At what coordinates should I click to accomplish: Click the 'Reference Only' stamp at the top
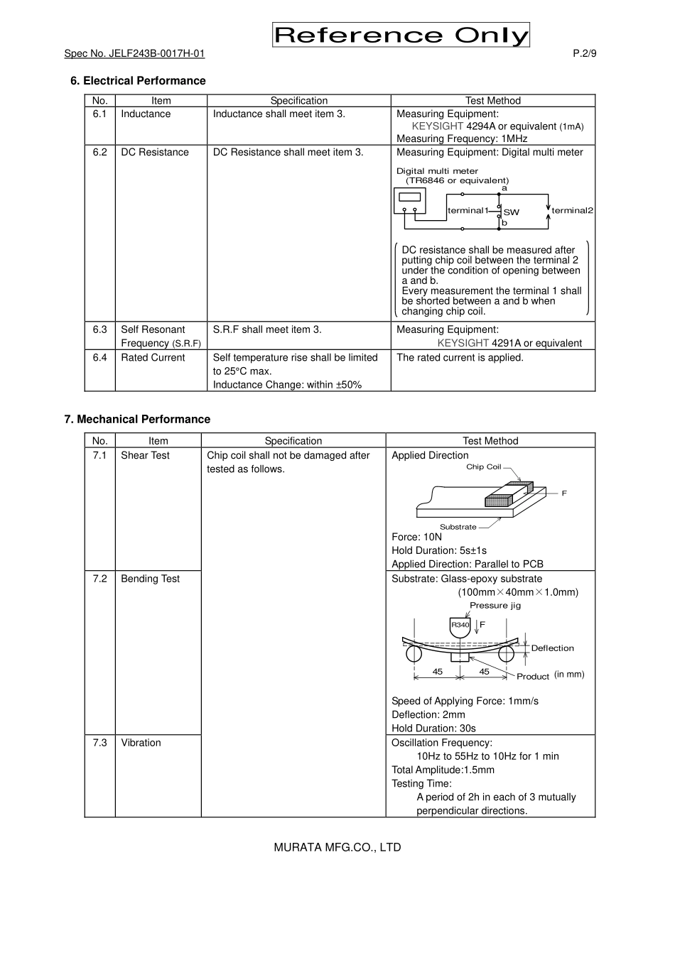click(401, 35)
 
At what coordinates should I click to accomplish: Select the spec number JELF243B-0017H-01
click(134, 54)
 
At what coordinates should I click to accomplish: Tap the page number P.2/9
click(584, 54)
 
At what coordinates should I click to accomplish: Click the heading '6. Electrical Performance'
click(138, 81)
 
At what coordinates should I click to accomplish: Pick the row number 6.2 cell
click(99, 152)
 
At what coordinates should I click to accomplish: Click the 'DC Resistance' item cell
click(155, 152)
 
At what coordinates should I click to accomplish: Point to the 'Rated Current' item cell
click(153, 358)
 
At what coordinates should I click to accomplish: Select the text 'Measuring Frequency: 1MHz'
click(462, 139)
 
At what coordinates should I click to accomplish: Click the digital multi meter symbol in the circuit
click(409, 200)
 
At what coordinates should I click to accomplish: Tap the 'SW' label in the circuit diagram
click(512, 212)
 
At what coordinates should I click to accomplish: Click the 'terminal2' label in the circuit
click(572, 210)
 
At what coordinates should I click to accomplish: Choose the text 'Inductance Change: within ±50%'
click(287, 385)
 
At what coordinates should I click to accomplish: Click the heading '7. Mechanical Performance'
click(137, 420)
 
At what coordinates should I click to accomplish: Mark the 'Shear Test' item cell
click(145, 456)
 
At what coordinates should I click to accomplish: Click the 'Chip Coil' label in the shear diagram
click(483, 467)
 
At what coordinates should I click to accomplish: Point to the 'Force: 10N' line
click(416, 537)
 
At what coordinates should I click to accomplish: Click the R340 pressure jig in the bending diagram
click(460, 626)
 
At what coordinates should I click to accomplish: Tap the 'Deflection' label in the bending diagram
click(552, 648)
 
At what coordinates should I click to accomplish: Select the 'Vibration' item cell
click(141, 743)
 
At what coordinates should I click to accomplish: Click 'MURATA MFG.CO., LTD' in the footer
click(337, 847)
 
